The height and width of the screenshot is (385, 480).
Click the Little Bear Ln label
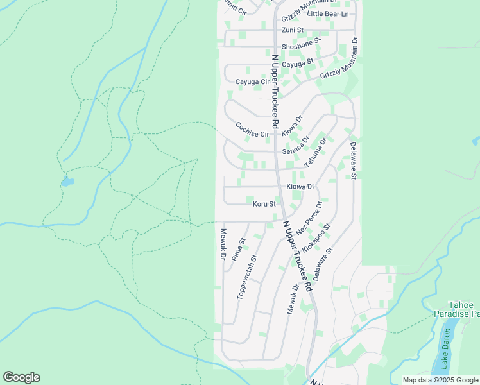point(328,13)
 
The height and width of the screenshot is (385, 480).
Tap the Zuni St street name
point(292,30)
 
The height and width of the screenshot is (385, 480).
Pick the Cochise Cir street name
point(252,130)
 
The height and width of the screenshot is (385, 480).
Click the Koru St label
point(264,204)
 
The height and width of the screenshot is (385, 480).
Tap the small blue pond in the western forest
point(67,182)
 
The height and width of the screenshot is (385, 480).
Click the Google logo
point(21,377)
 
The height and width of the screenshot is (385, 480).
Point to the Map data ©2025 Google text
point(440,380)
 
